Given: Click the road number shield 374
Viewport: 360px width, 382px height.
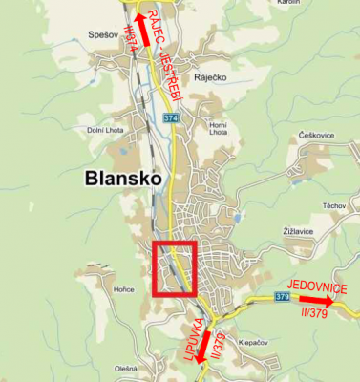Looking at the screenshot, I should click(x=171, y=117).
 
